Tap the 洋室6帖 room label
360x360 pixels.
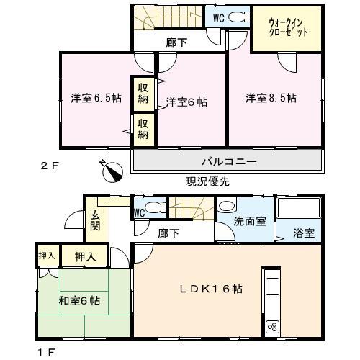click(186, 102)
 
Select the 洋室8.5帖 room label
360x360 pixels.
click(271, 98)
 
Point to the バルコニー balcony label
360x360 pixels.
click(227, 162)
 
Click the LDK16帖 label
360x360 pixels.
click(211, 289)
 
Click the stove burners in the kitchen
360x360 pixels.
click(273, 326)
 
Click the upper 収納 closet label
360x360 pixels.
click(143, 94)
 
